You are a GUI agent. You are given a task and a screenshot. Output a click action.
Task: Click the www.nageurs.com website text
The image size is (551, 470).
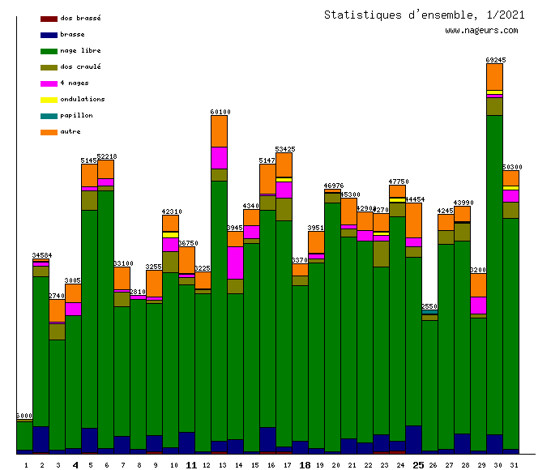click(x=481, y=31)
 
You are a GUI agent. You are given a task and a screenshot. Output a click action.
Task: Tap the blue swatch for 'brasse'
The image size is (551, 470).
click(x=49, y=35)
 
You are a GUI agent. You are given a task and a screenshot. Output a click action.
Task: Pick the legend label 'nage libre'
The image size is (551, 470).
click(x=80, y=50)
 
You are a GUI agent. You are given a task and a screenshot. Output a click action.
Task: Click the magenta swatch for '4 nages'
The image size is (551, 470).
click(x=49, y=83)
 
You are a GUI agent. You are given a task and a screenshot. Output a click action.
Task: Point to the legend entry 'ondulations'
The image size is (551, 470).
click(x=82, y=99)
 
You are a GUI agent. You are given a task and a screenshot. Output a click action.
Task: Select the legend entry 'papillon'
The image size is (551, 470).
click(x=76, y=115)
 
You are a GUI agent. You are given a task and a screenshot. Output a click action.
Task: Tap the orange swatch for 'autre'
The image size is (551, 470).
click(x=49, y=132)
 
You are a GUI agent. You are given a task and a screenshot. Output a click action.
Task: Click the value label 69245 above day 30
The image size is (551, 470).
click(x=495, y=60)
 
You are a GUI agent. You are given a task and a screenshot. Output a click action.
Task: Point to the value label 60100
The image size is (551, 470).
click(x=220, y=112)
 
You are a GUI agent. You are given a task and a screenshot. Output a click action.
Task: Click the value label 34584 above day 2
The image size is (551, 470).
click(x=41, y=255)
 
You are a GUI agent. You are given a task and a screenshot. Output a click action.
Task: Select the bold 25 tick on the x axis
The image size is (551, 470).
click(x=418, y=465)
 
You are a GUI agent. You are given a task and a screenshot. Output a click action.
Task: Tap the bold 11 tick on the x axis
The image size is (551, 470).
click(x=191, y=465)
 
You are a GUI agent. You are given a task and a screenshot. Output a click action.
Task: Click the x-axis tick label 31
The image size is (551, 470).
click(x=511, y=465)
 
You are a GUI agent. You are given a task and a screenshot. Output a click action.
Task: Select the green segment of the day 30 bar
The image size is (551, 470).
click(x=495, y=276)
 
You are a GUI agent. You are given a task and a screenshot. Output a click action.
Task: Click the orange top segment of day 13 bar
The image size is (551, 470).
click(x=220, y=131)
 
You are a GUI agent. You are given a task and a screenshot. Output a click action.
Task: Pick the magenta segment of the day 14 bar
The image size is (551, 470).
click(x=236, y=263)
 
